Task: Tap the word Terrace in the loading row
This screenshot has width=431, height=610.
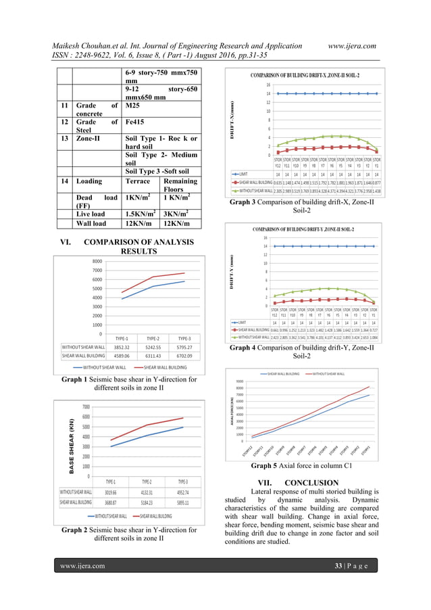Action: tap(143, 181)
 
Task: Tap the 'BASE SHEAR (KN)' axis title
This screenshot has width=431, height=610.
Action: tap(70, 446)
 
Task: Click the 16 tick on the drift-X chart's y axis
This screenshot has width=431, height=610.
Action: tap(268, 85)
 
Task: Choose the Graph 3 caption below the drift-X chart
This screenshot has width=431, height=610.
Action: tap(301, 206)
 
